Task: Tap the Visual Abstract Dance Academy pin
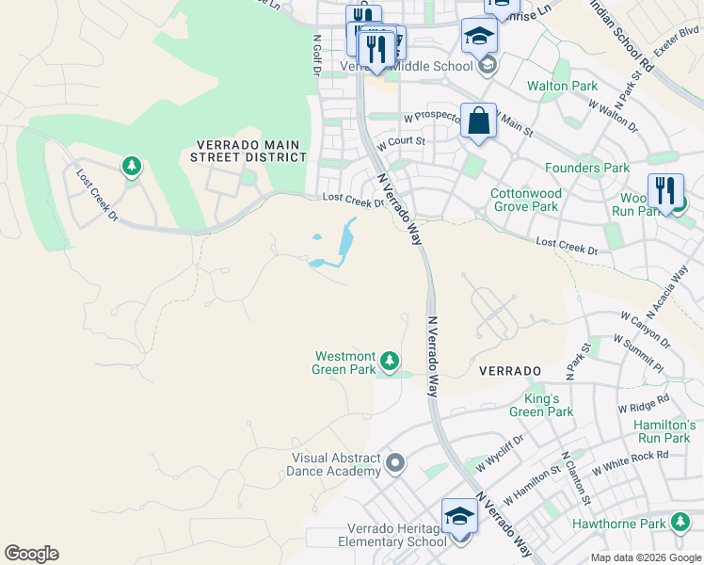pos(395,462)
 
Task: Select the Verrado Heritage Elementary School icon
pos(459,517)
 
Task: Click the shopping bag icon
pos(478,121)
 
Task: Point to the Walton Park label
pos(562,87)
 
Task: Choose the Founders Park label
pos(587,168)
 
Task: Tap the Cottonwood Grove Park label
pos(525,200)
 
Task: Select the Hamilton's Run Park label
pos(664,431)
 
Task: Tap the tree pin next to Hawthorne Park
pos(680,523)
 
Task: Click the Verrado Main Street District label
pos(248,151)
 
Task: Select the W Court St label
pos(402,143)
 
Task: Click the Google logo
pos(31,554)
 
